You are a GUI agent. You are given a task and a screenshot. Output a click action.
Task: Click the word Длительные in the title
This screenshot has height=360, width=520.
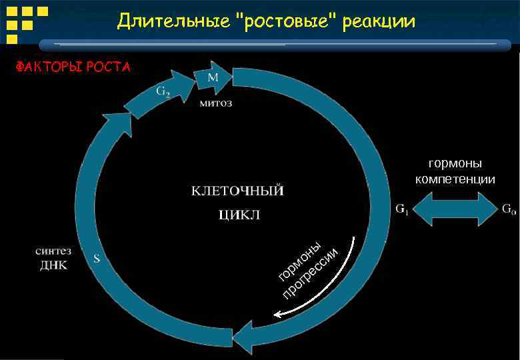click(174, 22)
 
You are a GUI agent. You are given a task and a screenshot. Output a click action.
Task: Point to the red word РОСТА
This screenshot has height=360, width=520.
click(107, 67)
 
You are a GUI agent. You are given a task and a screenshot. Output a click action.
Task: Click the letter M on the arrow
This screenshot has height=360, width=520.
click(213, 77)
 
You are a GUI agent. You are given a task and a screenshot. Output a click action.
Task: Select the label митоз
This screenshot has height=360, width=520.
click(217, 104)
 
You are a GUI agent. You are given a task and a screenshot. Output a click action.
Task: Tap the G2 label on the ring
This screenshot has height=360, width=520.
click(163, 91)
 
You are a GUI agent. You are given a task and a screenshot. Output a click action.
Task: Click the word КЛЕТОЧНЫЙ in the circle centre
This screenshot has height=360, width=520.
click(237, 191)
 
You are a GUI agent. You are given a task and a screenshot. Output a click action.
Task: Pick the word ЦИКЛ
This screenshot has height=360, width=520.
click(238, 215)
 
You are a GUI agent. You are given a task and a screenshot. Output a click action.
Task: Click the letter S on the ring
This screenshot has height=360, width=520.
click(97, 259)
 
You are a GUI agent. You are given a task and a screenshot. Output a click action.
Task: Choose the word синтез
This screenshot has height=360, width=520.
click(53, 251)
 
